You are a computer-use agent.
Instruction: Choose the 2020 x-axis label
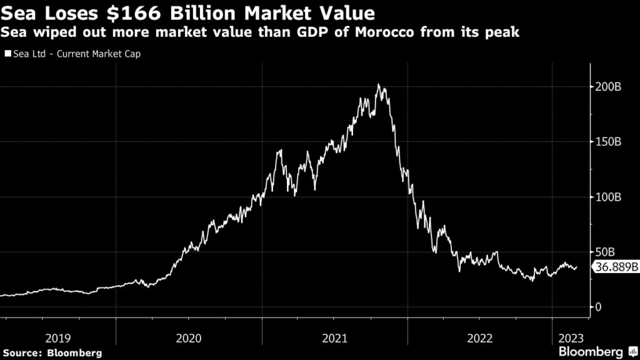(x=189, y=339)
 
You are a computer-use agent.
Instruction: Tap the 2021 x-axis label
(x=334, y=339)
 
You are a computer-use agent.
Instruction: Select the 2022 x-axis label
(x=479, y=339)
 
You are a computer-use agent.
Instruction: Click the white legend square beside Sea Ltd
(x=7, y=54)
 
